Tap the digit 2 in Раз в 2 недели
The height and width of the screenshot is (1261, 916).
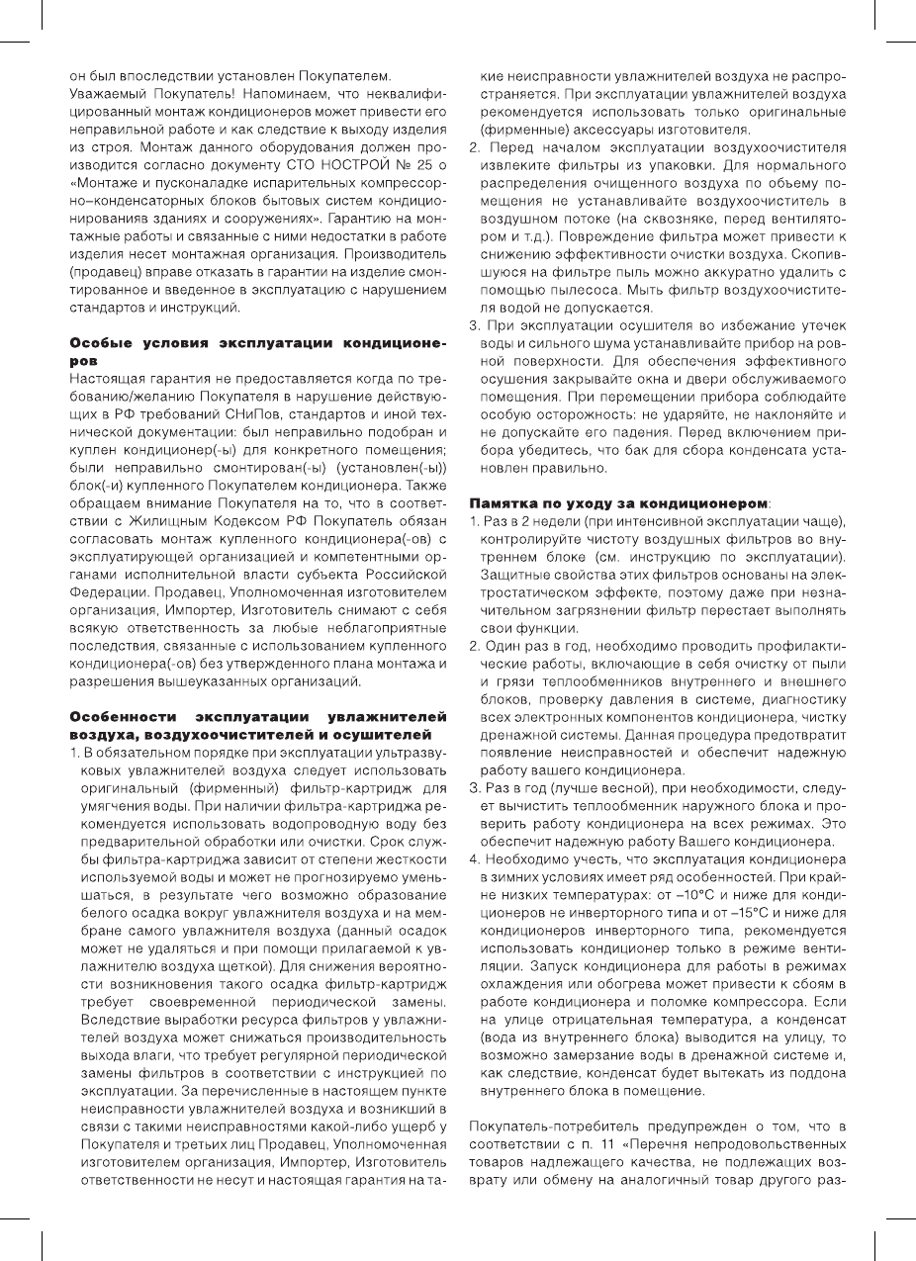point(522,520)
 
